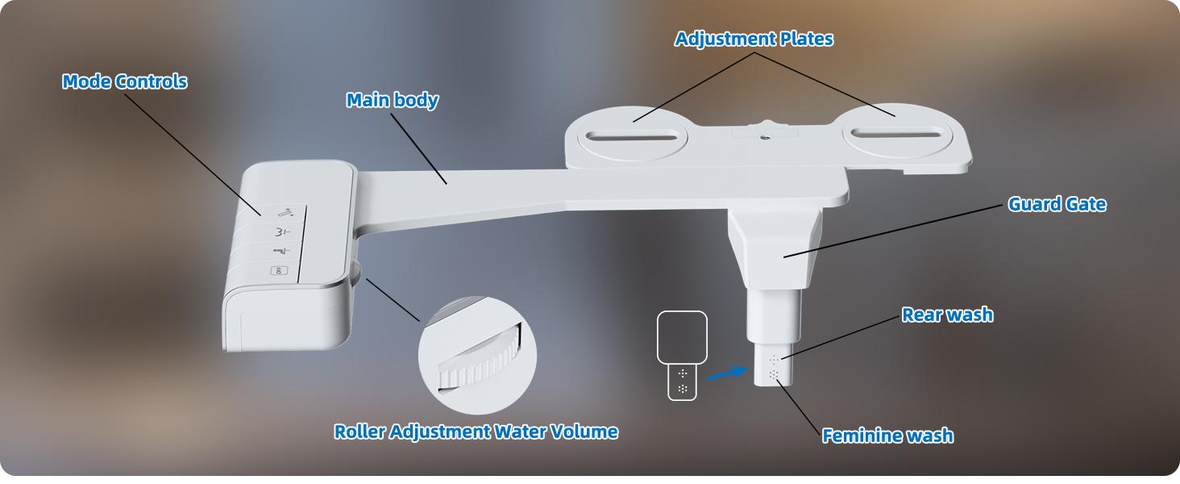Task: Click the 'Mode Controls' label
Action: pos(125,81)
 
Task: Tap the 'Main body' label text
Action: pos(393,100)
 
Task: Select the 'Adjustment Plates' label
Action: pos(754,39)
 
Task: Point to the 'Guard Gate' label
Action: pos(1057,204)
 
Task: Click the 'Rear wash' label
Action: pos(947,315)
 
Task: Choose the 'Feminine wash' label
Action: pos(887,436)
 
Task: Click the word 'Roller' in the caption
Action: pos(359,432)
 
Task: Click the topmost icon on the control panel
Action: pos(285,212)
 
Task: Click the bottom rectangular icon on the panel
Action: pos(279,271)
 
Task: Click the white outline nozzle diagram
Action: pos(683,355)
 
